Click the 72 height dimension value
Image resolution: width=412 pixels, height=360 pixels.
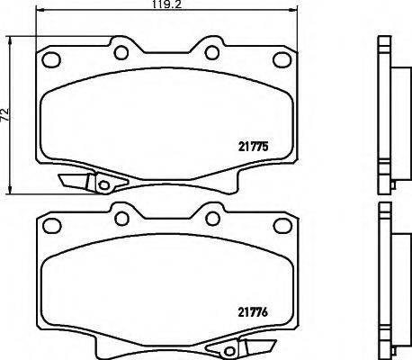pos(5,114)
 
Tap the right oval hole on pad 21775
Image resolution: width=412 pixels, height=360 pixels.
pos(275,59)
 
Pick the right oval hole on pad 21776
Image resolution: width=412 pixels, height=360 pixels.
pos(275,230)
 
